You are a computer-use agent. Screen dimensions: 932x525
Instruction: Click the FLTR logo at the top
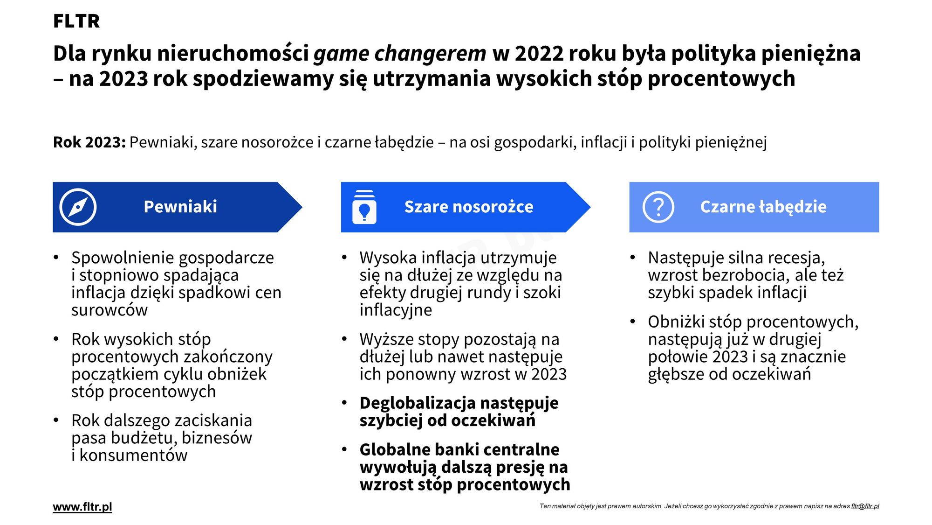pos(76,21)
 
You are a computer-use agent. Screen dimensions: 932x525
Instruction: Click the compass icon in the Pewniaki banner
pos(78,207)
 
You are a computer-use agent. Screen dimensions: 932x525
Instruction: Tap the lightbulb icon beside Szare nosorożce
pos(364,207)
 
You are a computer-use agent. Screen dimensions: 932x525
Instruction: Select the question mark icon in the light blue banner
pos(658,207)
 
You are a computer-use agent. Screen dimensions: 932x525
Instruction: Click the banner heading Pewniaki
pos(180,207)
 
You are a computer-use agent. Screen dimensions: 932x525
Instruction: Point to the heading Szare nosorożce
pos(469,207)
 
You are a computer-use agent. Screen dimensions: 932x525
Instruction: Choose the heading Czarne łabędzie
pos(763,207)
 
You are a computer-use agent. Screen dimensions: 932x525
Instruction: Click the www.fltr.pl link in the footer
pos(82,507)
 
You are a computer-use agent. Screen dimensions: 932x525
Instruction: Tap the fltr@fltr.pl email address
pos(865,506)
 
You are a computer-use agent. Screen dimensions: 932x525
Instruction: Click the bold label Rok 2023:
pos(89,142)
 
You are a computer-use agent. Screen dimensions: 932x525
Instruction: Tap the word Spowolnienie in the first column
pos(123,258)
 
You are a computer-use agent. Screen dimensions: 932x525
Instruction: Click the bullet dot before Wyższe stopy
pos(344,339)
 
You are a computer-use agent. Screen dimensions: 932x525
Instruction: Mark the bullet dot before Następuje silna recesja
pos(632,257)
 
